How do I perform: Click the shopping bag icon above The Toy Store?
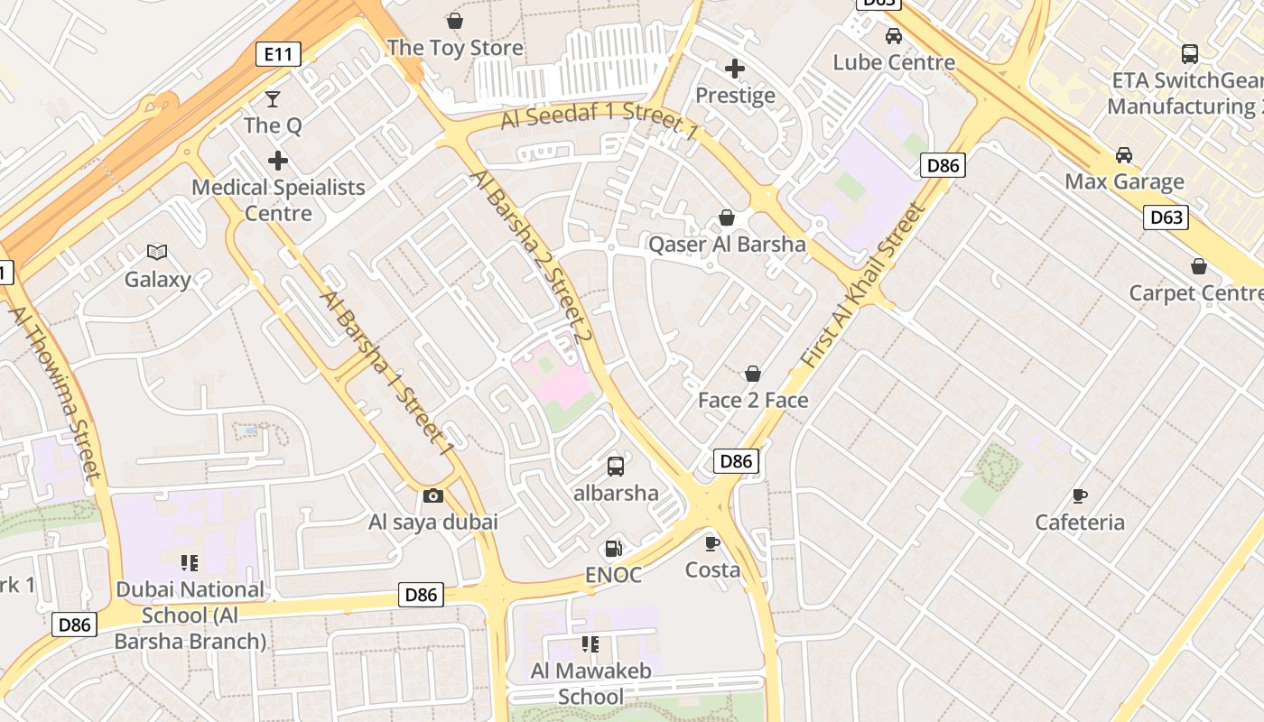(x=455, y=20)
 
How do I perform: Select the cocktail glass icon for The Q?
(x=273, y=98)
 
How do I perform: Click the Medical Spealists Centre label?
(x=278, y=200)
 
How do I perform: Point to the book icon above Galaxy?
(x=157, y=253)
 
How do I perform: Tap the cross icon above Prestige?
(x=735, y=69)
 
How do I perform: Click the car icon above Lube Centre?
(x=894, y=36)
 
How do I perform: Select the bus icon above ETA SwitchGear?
(x=1190, y=54)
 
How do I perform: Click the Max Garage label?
(x=1124, y=181)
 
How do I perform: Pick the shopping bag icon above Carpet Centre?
(x=1199, y=266)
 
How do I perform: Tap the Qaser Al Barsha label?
(x=727, y=245)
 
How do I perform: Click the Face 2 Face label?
(x=753, y=400)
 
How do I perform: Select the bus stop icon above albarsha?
(x=616, y=467)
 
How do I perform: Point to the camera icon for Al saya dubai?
(x=433, y=495)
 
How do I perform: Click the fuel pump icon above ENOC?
(x=613, y=549)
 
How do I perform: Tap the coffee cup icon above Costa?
(x=712, y=543)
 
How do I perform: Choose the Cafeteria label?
(x=1080, y=523)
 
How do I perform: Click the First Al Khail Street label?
(x=864, y=284)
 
